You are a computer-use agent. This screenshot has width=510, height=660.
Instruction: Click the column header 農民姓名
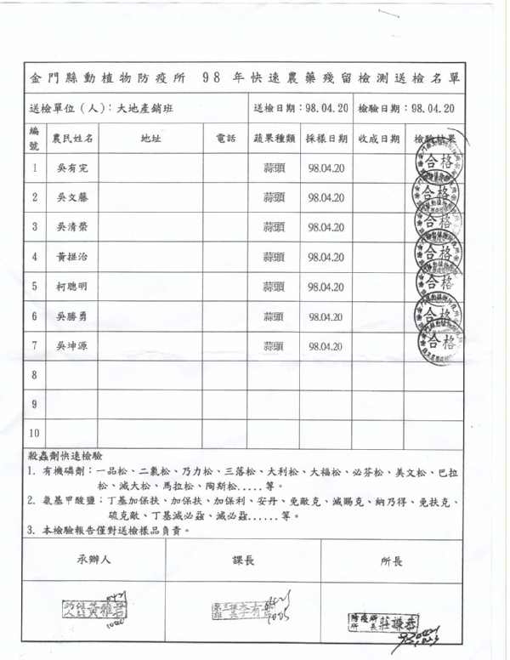72,139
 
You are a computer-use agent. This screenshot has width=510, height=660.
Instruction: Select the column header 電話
226,139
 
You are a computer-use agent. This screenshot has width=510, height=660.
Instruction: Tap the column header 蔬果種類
274,139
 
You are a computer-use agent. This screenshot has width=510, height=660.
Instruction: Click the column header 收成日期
378,139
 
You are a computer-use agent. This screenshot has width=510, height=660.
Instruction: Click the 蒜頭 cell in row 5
273,287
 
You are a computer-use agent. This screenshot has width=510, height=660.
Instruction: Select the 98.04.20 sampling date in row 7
326,346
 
